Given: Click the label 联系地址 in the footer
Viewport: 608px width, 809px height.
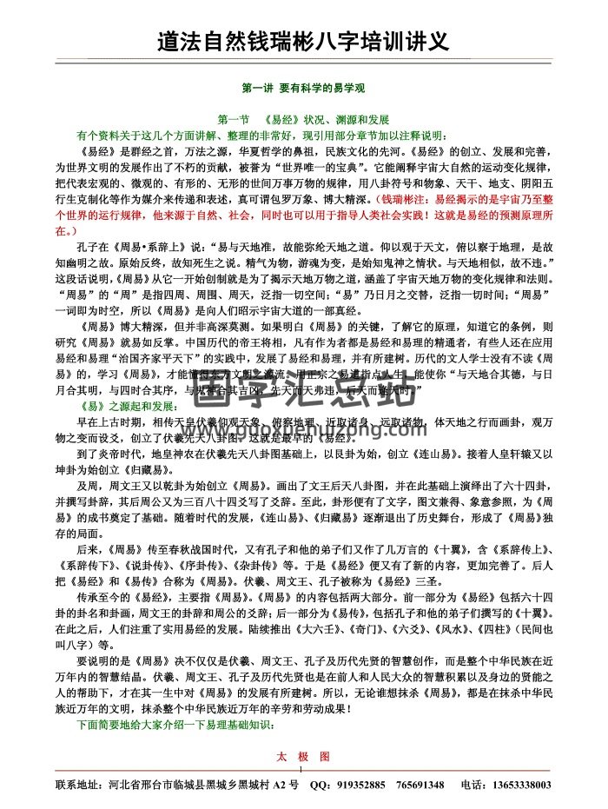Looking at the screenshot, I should (x=82, y=786).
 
